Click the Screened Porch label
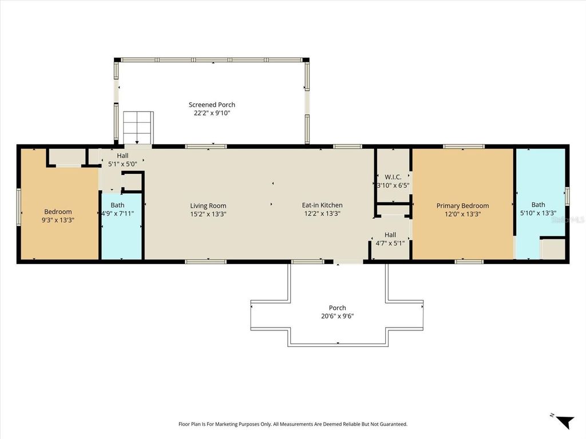click(212, 105)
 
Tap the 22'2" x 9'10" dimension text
click(212, 113)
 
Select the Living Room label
click(208, 206)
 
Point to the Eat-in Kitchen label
click(322, 205)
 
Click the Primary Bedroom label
click(462, 206)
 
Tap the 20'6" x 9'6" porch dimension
click(337, 316)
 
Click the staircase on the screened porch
click(138, 127)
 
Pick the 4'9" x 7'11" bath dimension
click(118, 214)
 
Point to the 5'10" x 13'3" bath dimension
click(538, 213)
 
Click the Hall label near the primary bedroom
click(390, 234)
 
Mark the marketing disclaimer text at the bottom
click(292, 424)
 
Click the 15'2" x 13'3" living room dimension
click(208, 214)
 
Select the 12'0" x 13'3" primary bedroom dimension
click(462, 214)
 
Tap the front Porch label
click(337, 308)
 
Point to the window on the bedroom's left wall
click(19, 207)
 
